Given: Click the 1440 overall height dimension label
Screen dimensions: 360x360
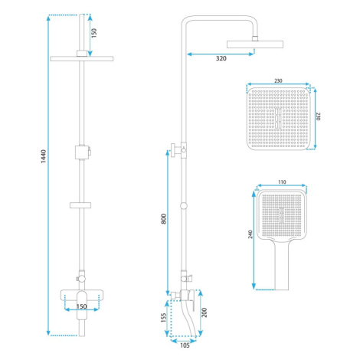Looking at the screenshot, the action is [x=44, y=156].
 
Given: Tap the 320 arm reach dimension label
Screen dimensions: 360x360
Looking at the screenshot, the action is [x=221, y=58].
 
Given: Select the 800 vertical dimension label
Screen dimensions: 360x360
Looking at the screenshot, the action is [x=164, y=219].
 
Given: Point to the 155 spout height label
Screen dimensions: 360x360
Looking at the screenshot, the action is [x=164, y=317].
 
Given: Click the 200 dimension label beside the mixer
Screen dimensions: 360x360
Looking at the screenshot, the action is [x=205, y=313].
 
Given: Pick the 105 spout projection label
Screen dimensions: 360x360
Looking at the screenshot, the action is [x=185, y=345].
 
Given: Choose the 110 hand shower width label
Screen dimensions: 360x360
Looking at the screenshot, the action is [x=282, y=182].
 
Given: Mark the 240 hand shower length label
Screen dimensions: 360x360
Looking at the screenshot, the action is [x=250, y=234].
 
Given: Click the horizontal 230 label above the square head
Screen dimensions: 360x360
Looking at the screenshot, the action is [x=278, y=80].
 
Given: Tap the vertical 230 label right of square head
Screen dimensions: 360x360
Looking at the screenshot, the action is [x=318, y=116].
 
